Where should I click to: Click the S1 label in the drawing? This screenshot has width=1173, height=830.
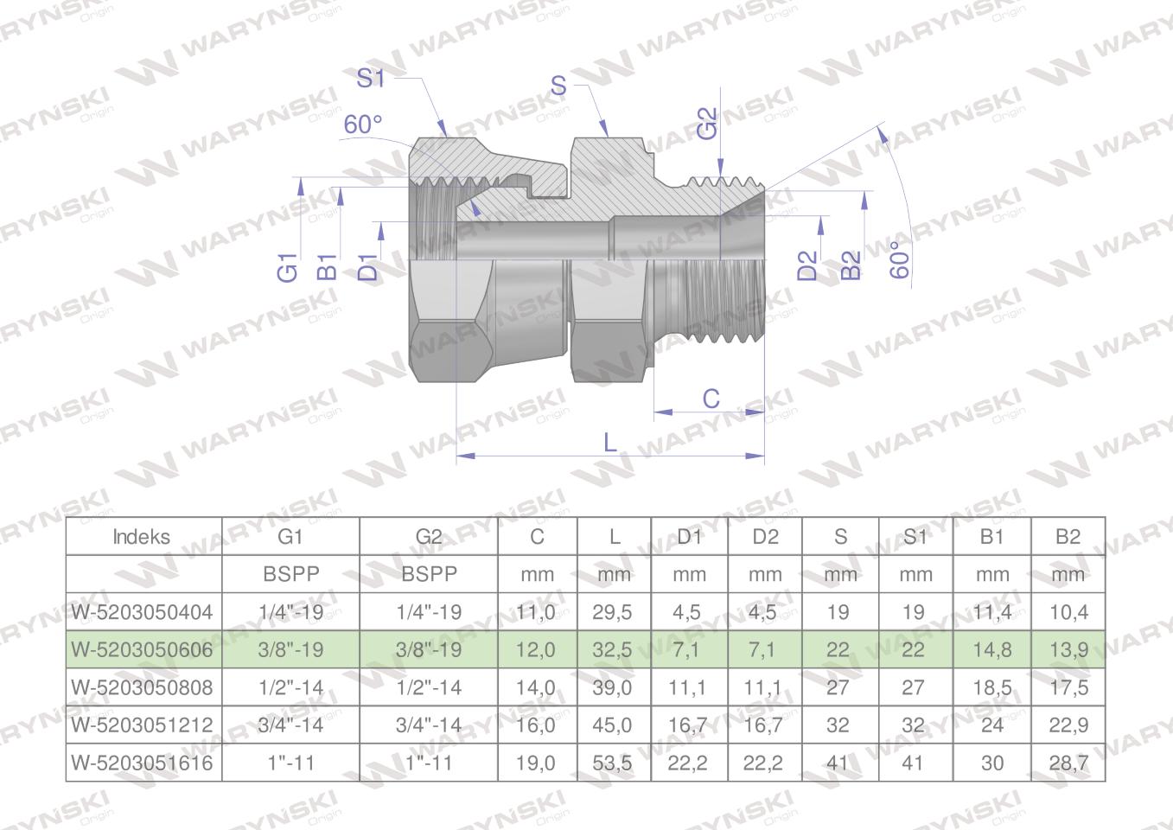[371, 79]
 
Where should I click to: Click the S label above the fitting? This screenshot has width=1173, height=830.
[558, 86]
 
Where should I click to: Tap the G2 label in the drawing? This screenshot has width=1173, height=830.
[707, 123]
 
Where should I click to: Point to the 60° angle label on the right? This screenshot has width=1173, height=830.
[901, 259]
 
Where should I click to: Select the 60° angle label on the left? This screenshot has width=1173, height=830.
[363, 124]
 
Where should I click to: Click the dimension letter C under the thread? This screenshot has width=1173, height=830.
[711, 399]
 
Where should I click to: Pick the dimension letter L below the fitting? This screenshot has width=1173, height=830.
[610, 443]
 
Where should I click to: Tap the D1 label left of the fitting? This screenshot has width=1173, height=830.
[368, 266]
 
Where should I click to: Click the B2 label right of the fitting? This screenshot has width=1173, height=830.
[851, 265]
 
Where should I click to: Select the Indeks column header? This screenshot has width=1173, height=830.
[143, 536]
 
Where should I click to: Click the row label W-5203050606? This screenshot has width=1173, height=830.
[143, 649]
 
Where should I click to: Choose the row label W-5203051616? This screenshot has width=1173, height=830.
[143, 763]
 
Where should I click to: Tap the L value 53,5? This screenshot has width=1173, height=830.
[612, 763]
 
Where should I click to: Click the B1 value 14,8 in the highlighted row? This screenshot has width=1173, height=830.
[991, 649]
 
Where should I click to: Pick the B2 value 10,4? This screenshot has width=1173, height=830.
[1068, 612]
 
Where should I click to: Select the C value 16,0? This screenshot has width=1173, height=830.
[536, 725]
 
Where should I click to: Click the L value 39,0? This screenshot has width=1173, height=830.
[612, 687]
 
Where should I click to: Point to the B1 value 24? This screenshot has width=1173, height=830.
[991, 725]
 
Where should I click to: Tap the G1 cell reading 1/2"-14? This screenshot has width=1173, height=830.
[290, 687]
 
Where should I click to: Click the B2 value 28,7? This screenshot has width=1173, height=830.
[1068, 763]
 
